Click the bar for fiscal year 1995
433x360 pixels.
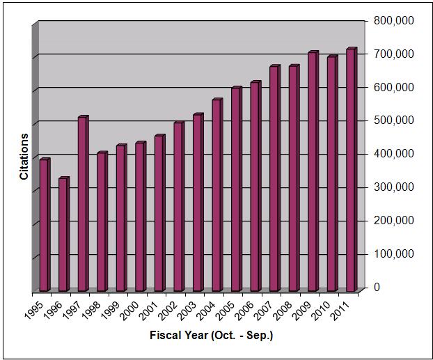[45, 225]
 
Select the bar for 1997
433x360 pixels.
[83, 203]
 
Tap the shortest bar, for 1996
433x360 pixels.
[63, 235]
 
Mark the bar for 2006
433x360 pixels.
[255, 186]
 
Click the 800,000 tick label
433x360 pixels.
[393, 21]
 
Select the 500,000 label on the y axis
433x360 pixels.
[393, 120]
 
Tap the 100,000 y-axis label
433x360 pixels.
[393, 253]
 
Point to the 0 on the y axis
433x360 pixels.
[377, 287]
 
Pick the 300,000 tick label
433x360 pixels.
[393, 187]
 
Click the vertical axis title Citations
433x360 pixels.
[24, 157]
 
